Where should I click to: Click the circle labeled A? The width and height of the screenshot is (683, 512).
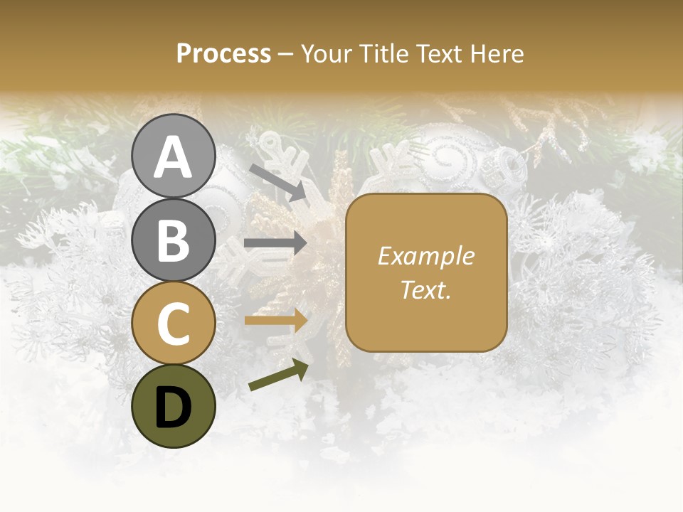pyautogui.click(x=173, y=156)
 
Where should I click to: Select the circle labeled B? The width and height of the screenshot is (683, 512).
pyautogui.click(x=173, y=240)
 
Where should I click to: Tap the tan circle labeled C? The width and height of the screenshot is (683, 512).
pyautogui.click(x=173, y=323)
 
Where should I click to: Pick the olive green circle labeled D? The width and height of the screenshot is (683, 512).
pyautogui.click(x=173, y=406)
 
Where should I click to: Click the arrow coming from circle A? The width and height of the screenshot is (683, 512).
pyautogui.click(x=278, y=182)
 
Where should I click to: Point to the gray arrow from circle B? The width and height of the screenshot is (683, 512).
pyautogui.click(x=275, y=242)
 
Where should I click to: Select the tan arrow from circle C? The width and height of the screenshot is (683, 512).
pyautogui.click(x=275, y=320)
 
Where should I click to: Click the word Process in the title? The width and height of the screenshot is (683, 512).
pyautogui.click(x=223, y=54)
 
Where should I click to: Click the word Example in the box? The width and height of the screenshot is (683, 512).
pyautogui.click(x=426, y=256)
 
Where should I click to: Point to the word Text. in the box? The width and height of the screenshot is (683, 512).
pyautogui.click(x=426, y=289)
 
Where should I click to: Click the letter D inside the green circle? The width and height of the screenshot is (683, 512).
pyautogui.click(x=173, y=407)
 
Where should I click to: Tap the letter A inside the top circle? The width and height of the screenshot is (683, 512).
pyautogui.click(x=173, y=157)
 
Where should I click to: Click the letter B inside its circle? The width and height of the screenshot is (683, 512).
pyautogui.click(x=173, y=241)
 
